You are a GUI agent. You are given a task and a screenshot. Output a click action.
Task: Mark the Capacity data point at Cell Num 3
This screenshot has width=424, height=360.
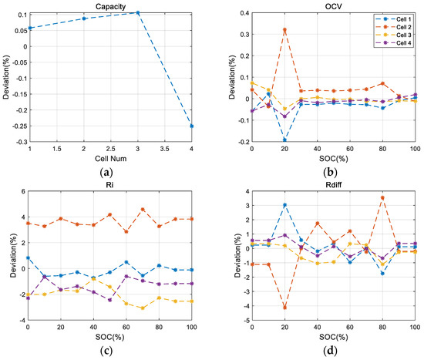[x=138, y=12]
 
